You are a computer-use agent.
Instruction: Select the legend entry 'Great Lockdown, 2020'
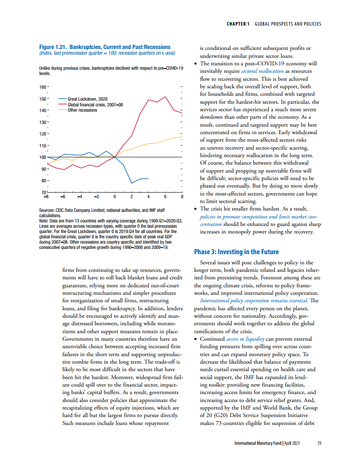pyautogui.click(x=87, y=99)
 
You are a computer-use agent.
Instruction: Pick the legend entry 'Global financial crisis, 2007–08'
pyautogui.click(x=95, y=105)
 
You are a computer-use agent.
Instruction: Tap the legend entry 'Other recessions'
pyautogui.click(x=82, y=110)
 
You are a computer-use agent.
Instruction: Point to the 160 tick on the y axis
pyautogui.click(x=43, y=86)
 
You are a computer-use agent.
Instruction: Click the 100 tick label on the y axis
pyautogui.click(x=43, y=157)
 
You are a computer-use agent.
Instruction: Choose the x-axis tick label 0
pyautogui.click(x=115, y=197)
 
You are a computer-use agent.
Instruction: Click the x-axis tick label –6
pyautogui.click(x=63, y=197)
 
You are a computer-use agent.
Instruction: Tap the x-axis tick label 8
pyautogui.click(x=182, y=197)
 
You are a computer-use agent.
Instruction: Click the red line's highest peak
pyautogui.click(x=165, y=97)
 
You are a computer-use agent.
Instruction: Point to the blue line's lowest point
pyautogui.click(x=131, y=183)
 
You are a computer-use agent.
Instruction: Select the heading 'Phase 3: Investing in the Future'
pyautogui.click(x=236, y=252)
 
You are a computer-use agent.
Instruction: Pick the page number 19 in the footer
pyautogui.click(x=319, y=443)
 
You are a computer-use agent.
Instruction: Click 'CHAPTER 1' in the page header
pyautogui.click(x=239, y=24)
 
